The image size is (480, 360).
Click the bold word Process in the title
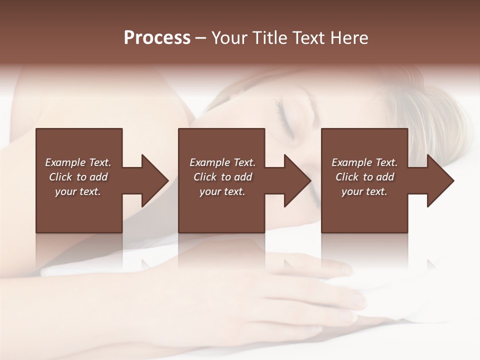point(157,38)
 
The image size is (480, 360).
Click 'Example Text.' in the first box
point(78,162)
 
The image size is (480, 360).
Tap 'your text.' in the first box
point(78,191)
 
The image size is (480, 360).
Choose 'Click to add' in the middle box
point(222,177)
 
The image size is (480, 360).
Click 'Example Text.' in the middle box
point(222,162)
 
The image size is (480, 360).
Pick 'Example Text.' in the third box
point(364,162)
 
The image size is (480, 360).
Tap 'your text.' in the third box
point(364,191)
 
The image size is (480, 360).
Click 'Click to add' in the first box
point(78,177)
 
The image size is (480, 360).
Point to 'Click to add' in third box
point(364,177)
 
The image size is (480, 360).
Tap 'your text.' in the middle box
point(222,191)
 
